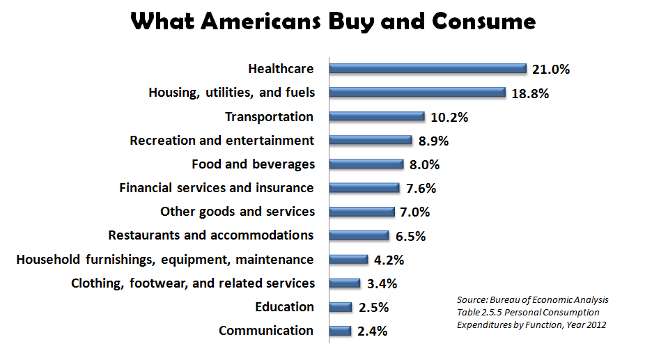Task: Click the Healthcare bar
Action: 428,68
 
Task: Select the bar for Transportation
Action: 377,116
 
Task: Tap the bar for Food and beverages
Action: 366,164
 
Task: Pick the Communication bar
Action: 340,331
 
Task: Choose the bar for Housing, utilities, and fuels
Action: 417,92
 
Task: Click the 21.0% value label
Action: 551,69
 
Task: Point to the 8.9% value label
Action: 433,141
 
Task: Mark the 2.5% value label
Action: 373,307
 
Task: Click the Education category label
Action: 286,307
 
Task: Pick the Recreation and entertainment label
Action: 222,141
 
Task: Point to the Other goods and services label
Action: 237,211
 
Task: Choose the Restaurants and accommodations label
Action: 210,235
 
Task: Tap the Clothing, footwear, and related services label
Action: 193,283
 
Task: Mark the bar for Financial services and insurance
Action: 364,187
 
